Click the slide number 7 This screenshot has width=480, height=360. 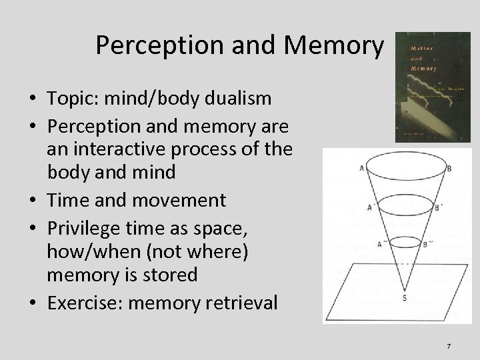449,346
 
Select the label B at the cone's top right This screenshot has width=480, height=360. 449,169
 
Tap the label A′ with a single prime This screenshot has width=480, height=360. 369,207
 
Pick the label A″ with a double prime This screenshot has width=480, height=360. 380,244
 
